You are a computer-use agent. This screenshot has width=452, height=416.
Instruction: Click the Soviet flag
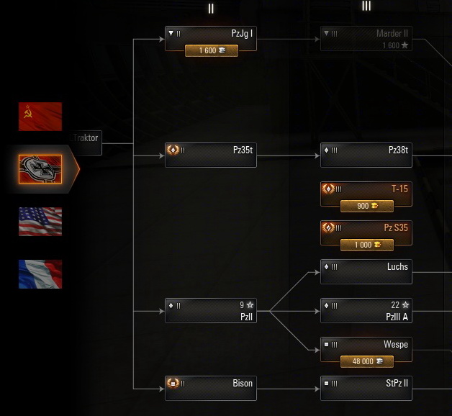40,117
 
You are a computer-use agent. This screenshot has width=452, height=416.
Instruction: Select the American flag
40,222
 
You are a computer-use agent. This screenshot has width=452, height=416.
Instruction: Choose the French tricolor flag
40,274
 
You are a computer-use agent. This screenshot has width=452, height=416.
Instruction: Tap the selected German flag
40,169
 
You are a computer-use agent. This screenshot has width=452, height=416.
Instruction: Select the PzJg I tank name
242,33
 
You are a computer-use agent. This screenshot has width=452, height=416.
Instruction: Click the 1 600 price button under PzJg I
211,50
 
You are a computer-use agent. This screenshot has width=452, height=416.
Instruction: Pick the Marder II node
366,39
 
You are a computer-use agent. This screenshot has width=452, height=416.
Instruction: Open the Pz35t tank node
211,155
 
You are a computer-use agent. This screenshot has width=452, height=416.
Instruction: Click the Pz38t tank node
366,155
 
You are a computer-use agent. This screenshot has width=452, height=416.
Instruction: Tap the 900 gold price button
366,206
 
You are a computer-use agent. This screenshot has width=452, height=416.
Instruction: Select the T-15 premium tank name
399,189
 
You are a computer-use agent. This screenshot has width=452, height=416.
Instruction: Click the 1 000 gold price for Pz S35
366,245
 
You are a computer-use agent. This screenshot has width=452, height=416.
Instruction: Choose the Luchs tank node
366,271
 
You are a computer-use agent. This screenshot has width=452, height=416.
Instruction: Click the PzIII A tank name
397,317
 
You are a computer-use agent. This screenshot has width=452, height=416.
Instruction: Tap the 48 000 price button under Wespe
366,361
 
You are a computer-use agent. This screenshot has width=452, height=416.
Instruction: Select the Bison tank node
211,388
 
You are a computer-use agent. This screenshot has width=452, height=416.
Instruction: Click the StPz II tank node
366,388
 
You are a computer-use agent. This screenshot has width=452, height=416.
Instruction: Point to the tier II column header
211,9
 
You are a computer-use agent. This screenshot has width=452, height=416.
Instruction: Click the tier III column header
366,6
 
